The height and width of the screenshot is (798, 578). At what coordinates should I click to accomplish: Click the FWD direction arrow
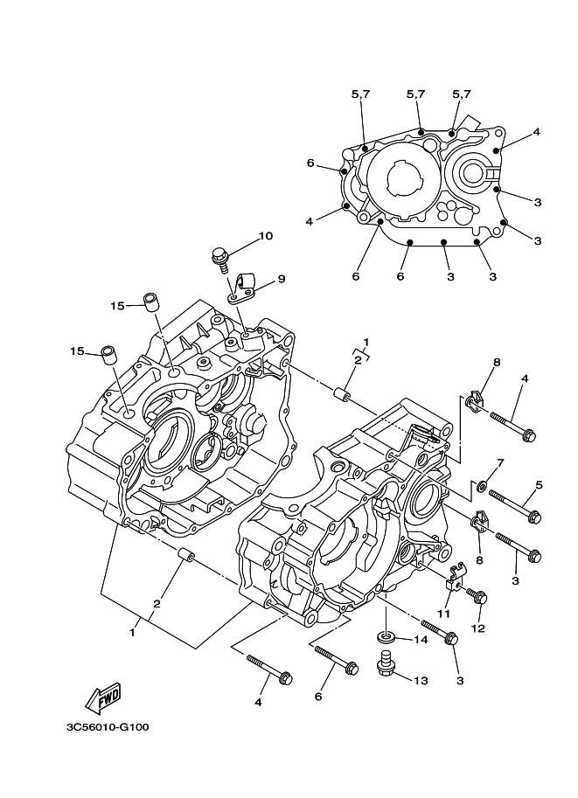pyautogui.click(x=103, y=697)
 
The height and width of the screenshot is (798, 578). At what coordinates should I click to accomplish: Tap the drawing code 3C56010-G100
pyautogui.click(x=108, y=727)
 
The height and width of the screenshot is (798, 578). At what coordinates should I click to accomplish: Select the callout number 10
pyautogui.click(x=266, y=236)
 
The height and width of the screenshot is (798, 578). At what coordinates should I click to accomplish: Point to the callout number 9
pyautogui.click(x=281, y=279)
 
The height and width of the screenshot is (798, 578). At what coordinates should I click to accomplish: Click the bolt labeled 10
pyautogui.click(x=220, y=259)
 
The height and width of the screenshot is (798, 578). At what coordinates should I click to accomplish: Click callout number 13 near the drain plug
pyautogui.click(x=421, y=680)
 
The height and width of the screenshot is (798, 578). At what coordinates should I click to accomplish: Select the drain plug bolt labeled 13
pyautogui.click(x=385, y=663)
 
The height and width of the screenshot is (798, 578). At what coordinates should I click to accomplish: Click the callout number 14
pyautogui.click(x=421, y=640)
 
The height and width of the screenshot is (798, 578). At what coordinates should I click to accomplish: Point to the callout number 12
pyautogui.click(x=477, y=628)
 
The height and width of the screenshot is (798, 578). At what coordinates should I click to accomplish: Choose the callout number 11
pyautogui.click(x=443, y=614)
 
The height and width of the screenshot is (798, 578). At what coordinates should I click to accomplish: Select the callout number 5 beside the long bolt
pyautogui.click(x=539, y=485)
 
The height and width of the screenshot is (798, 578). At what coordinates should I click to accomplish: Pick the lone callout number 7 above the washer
pyautogui.click(x=500, y=463)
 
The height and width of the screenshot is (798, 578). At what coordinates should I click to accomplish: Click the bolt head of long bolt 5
pyautogui.click(x=533, y=517)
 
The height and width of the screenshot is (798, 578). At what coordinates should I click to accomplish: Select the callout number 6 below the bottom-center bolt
pyautogui.click(x=318, y=697)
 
